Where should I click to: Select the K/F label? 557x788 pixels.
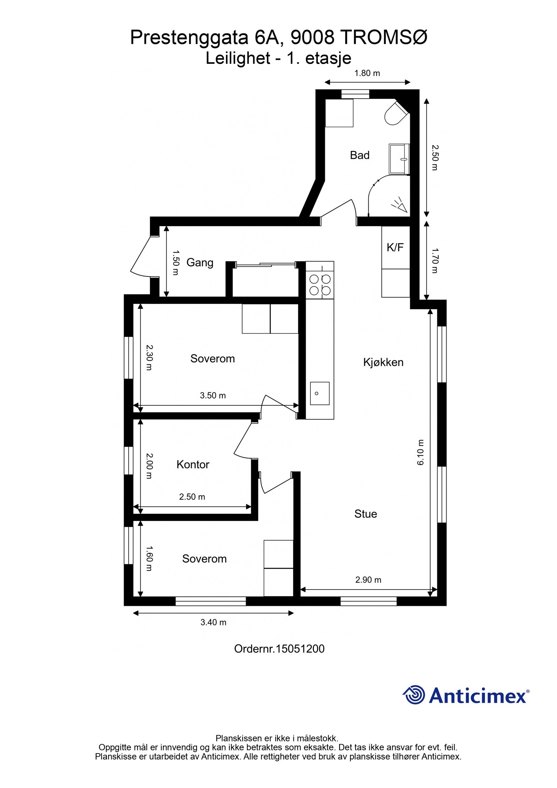tap(395, 248)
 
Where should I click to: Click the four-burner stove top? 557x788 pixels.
tap(320, 284)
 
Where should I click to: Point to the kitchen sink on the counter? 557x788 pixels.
tap(320, 393)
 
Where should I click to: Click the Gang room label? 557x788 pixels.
tap(199, 262)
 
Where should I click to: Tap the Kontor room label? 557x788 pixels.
tap(193, 464)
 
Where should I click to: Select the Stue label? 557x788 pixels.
tap(366, 514)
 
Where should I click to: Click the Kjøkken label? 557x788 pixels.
tap(383, 362)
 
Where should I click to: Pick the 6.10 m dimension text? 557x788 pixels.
tap(421, 452)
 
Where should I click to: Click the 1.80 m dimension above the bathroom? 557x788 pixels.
tap(367, 73)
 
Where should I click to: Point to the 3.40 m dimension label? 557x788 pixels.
tap(213, 622)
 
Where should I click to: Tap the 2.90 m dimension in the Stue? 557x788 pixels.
tap(368, 579)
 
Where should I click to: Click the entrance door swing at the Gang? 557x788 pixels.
tap(141, 257)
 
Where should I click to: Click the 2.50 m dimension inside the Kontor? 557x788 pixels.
tap(192, 497)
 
